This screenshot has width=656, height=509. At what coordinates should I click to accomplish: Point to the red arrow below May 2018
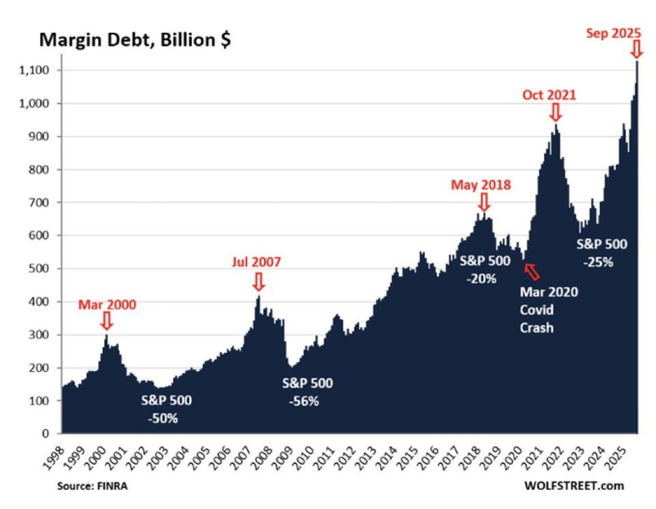483,201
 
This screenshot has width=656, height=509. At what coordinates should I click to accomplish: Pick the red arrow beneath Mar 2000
107,320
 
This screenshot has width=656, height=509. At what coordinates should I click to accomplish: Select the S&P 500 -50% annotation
166,409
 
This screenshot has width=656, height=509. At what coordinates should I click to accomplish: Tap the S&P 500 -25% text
602,253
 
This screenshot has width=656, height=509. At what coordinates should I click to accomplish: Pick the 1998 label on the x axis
60,453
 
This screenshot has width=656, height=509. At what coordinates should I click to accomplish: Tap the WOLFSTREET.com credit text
573,485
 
